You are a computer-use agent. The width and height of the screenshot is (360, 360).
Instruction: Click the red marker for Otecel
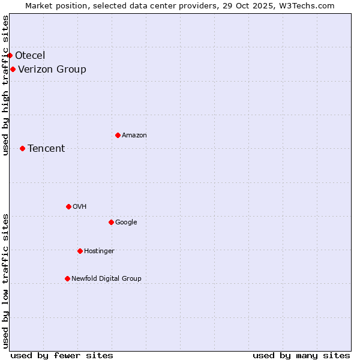[10, 55]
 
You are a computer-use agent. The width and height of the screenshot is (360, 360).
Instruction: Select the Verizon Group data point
[13, 69]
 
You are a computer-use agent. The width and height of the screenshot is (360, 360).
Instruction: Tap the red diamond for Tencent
[22, 148]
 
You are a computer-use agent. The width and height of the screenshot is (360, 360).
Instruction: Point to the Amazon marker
[118, 135]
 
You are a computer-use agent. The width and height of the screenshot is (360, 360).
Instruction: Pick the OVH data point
[68, 206]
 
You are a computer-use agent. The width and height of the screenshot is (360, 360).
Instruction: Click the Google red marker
[111, 222]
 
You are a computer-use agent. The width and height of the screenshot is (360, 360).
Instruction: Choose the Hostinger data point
[80, 251]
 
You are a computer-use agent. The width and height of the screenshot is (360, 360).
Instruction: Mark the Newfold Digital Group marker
[67, 278]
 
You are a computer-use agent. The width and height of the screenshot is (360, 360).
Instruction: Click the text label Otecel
[30, 56]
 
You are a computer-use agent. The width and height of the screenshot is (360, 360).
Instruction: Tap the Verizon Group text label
[52, 69]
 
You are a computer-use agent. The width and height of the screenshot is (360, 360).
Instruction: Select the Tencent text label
[46, 148]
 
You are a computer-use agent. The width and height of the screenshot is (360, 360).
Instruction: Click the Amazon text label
[134, 135]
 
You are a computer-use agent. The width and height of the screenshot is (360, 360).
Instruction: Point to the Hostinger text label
[99, 251]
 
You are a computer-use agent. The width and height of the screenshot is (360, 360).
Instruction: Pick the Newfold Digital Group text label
[106, 278]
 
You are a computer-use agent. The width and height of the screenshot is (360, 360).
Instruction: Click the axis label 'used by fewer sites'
[62, 355]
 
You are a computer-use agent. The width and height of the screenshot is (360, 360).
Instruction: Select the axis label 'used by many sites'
[301, 355]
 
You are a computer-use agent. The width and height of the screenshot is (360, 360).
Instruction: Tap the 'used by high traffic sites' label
[5, 85]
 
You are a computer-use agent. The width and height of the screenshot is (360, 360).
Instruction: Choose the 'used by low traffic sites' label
[5, 281]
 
